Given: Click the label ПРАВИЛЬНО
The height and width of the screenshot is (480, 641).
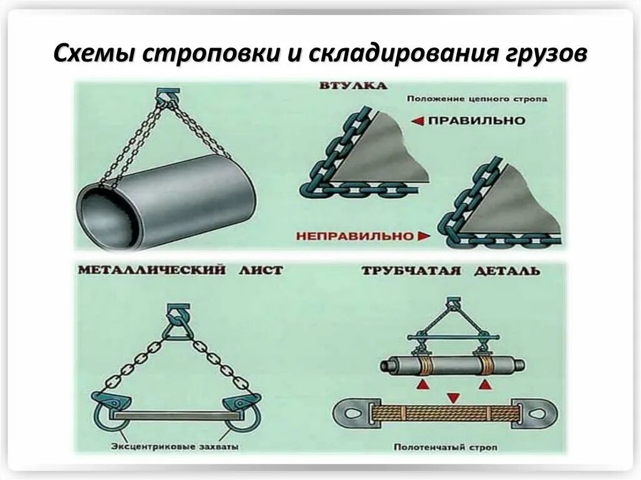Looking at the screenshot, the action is pyautogui.click(x=476, y=121).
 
